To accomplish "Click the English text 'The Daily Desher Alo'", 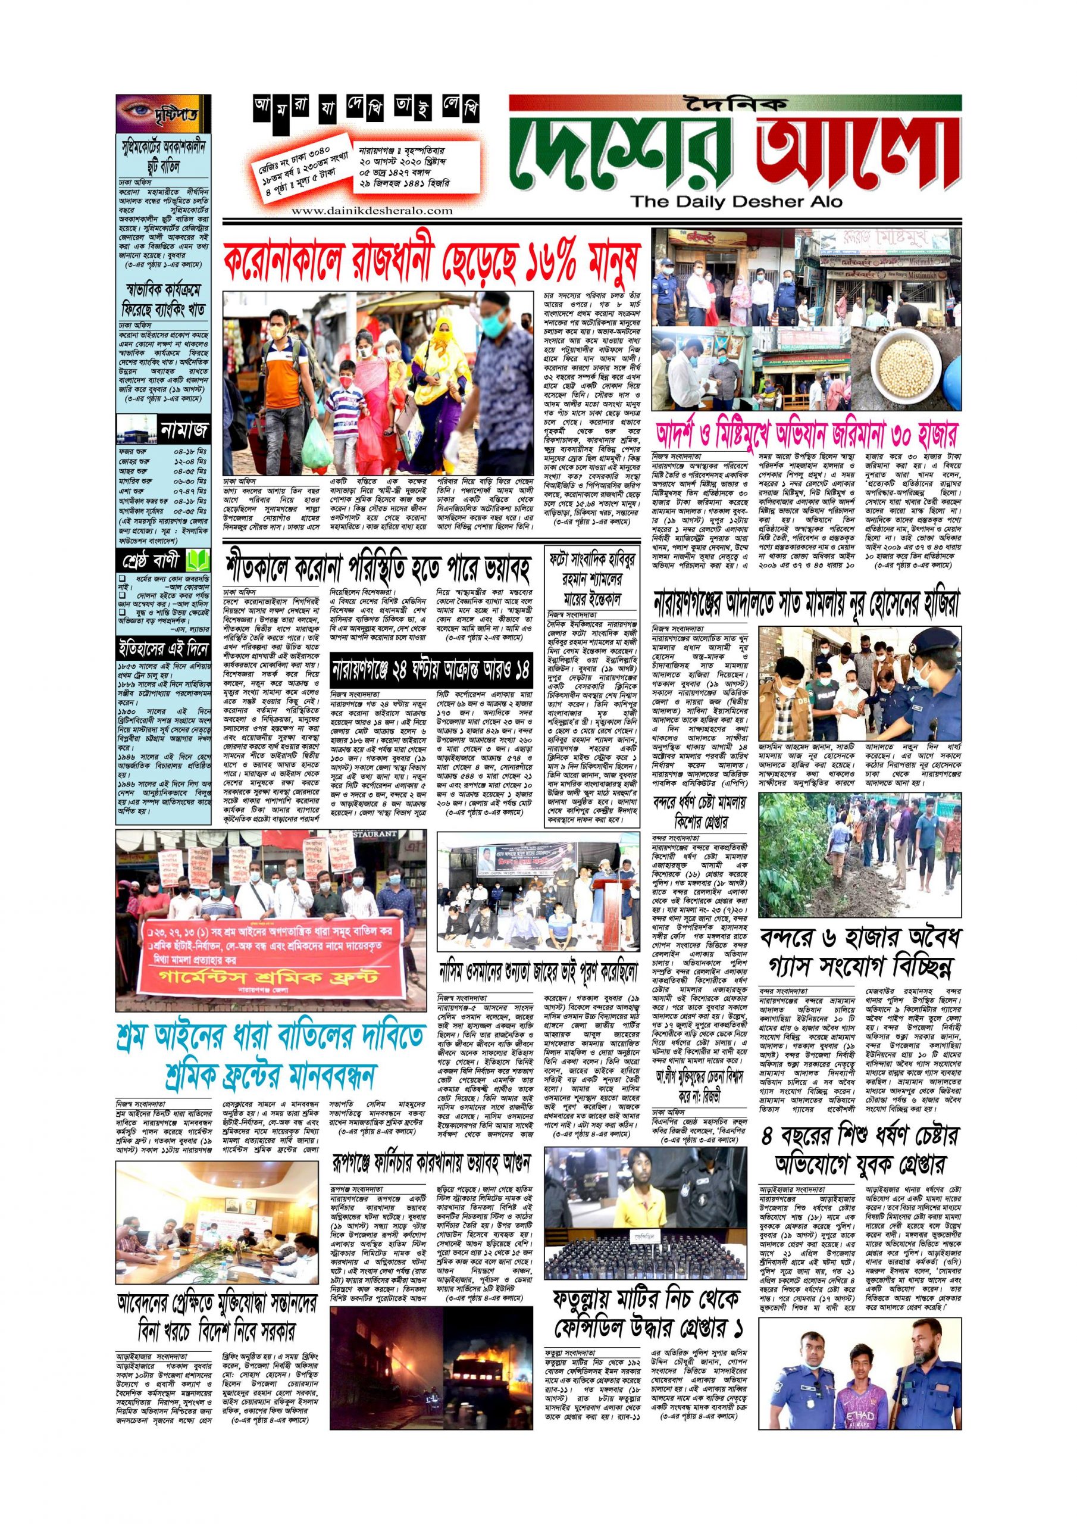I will click(736, 201).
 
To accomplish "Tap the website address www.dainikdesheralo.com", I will click(372, 210).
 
